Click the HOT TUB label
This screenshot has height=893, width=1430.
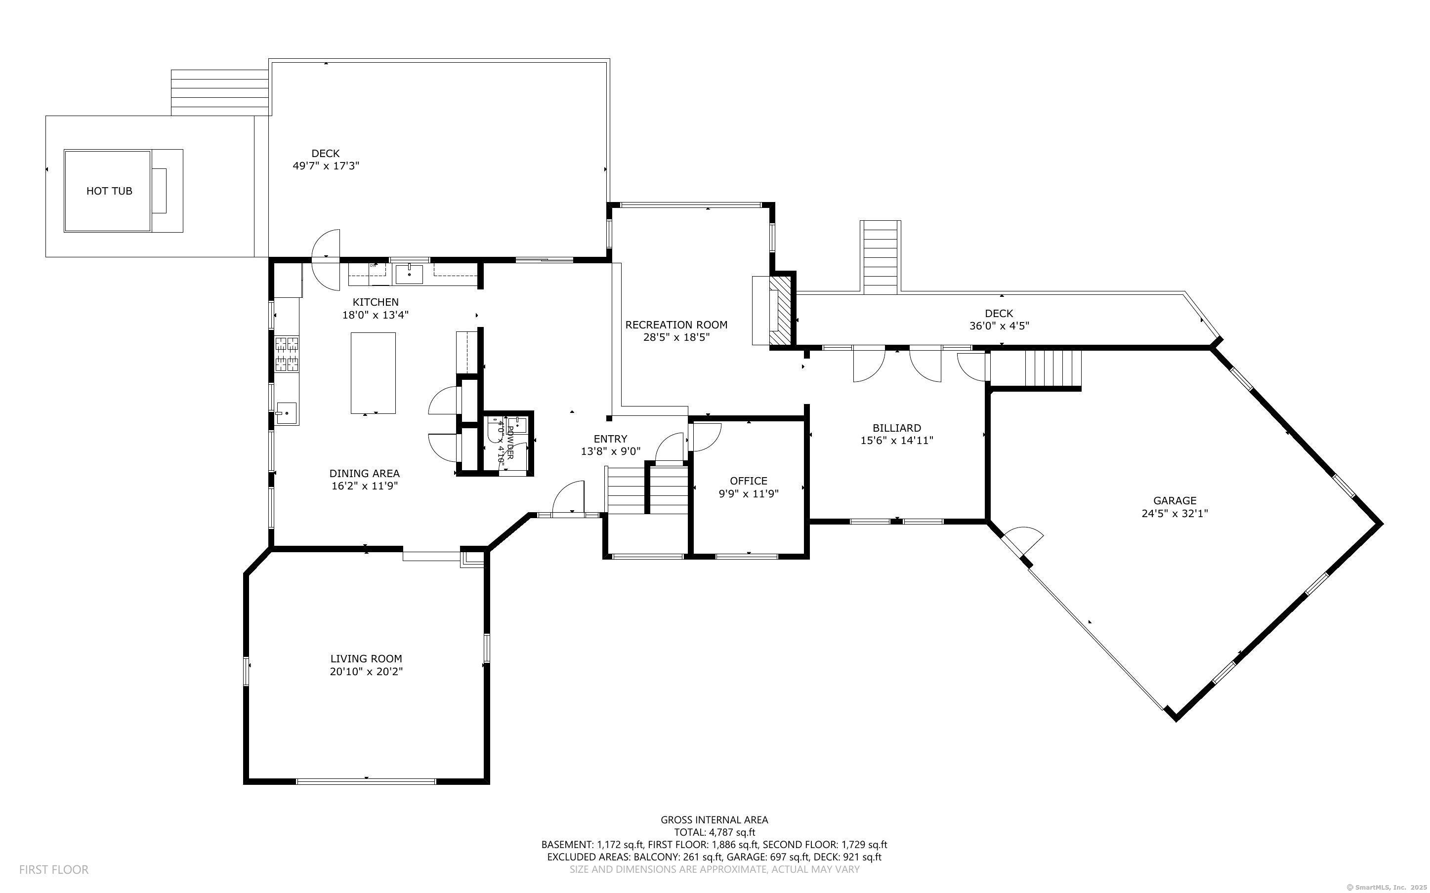pyautogui.click(x=109, y=191)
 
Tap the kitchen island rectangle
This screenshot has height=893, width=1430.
pyautogui.click(x=373, y=373)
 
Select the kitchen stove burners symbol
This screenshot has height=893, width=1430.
pyautogui.click(x=287, y=353)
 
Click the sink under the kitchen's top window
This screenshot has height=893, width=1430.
pyautogui.click(x=409, y=274)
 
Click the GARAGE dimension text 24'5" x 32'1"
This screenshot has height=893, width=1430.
pyautogui.click(x=1174, y=514)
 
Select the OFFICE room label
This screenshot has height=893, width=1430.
pyautogui.click(x=749, y=481)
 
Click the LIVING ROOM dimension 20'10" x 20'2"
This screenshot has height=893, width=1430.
pyautogui.click(x=366, y=672)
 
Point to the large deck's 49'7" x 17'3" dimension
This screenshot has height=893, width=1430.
pyautogui.click(x=326, y=166)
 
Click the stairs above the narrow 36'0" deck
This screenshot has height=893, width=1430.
pyautogui.click(x=880, y=257)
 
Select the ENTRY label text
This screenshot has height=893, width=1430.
pyautogui.click(x=610, y=439)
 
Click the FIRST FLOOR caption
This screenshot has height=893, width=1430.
pyautogui.click(x=54, y=869)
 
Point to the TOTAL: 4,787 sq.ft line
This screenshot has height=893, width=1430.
pyautogui.click(x=714, y=832)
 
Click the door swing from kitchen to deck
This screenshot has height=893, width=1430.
pyautogui.click(x=326, y=259)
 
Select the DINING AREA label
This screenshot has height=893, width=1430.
pyautogui.click(x=365, y=473)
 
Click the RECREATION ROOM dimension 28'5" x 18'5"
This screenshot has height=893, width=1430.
pyautogui.click(x=676, y=337)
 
